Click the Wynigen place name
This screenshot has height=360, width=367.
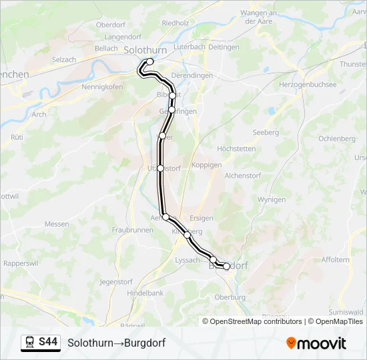click(272, 199)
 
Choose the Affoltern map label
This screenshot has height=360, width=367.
click(335, 260)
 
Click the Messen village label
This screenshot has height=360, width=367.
click(57, 224)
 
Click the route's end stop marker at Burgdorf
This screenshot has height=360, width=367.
click(226, 266)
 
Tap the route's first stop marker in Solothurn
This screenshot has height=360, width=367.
click(150, 62)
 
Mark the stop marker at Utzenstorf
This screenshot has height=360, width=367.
click(161, 168)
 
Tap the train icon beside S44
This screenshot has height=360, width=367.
click(30, 343)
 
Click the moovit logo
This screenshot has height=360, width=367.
click(316, 343)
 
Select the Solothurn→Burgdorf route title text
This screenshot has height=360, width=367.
click(116, 343)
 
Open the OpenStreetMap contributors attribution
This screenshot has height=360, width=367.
click(255, 321)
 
